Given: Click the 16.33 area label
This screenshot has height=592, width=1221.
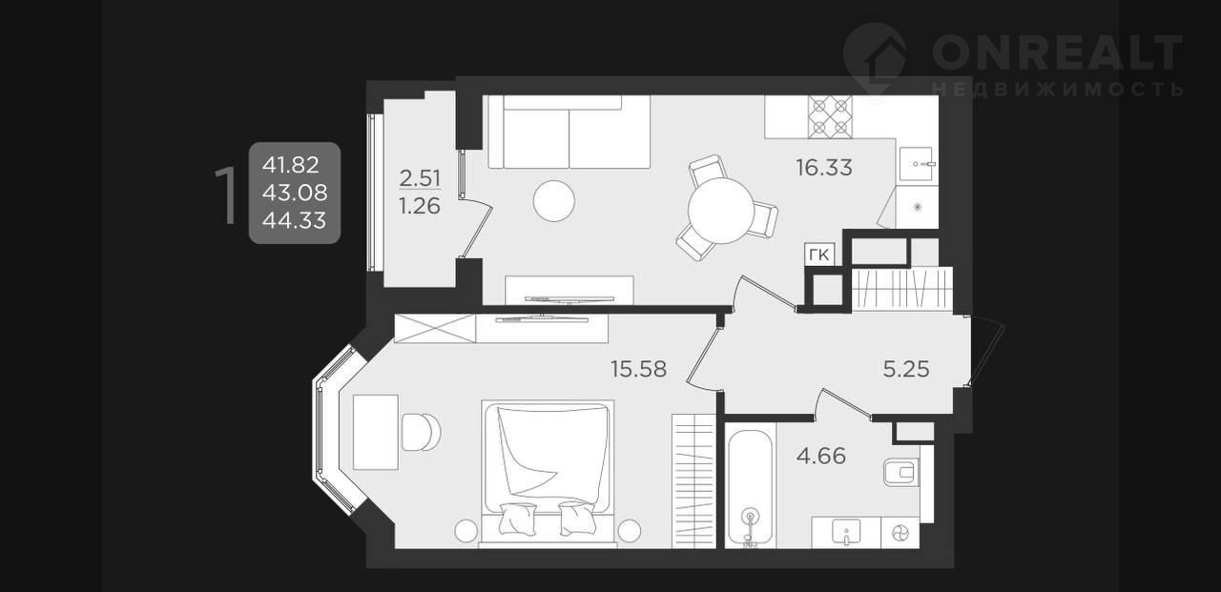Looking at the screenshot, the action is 823,168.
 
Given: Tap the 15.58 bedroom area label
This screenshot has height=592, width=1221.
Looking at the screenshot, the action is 638,369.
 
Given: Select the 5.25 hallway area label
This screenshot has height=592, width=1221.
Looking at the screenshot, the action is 906,369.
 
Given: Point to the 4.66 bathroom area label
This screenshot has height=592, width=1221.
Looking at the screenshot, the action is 821,456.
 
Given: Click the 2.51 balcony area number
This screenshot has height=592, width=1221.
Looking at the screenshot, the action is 420,178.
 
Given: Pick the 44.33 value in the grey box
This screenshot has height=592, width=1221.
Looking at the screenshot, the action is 295,220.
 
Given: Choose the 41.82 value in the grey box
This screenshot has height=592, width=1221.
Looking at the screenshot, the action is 291,165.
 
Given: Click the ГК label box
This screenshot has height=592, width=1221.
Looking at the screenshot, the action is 819,255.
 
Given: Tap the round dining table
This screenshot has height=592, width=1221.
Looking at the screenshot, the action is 721,212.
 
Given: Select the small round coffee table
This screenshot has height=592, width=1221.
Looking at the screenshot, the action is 554,200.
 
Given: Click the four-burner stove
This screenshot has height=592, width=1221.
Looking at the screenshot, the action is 830,116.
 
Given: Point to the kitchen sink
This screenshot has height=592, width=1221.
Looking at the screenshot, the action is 918,163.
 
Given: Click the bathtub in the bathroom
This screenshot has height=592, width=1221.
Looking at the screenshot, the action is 750,487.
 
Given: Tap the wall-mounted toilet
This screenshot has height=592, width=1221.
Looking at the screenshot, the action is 901,471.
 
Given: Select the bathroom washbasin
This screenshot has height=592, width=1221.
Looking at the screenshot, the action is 846,532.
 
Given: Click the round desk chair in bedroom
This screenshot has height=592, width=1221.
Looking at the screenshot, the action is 421,432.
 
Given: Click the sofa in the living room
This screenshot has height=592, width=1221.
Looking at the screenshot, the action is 569,133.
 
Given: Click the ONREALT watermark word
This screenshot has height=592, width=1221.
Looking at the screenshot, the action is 1057,52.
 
